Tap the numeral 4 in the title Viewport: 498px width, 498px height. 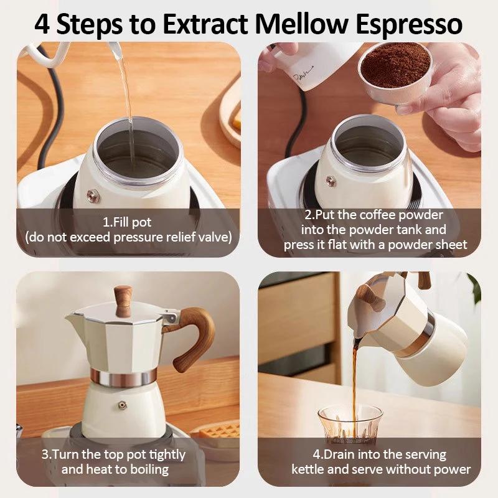tap(42, 24)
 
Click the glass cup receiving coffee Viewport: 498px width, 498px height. tap(349, 425)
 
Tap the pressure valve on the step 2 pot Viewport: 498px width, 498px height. tap(331, 181)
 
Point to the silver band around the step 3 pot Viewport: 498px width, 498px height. tap(123, 376)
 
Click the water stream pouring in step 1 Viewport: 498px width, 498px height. tap(128, 93)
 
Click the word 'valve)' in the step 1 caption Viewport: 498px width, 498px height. tap(214, 237)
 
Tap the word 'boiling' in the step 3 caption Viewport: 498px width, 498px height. tap(146, 469)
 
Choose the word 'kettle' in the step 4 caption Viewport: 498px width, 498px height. tap(308, 469)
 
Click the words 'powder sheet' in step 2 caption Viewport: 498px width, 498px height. tap(429, 245)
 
